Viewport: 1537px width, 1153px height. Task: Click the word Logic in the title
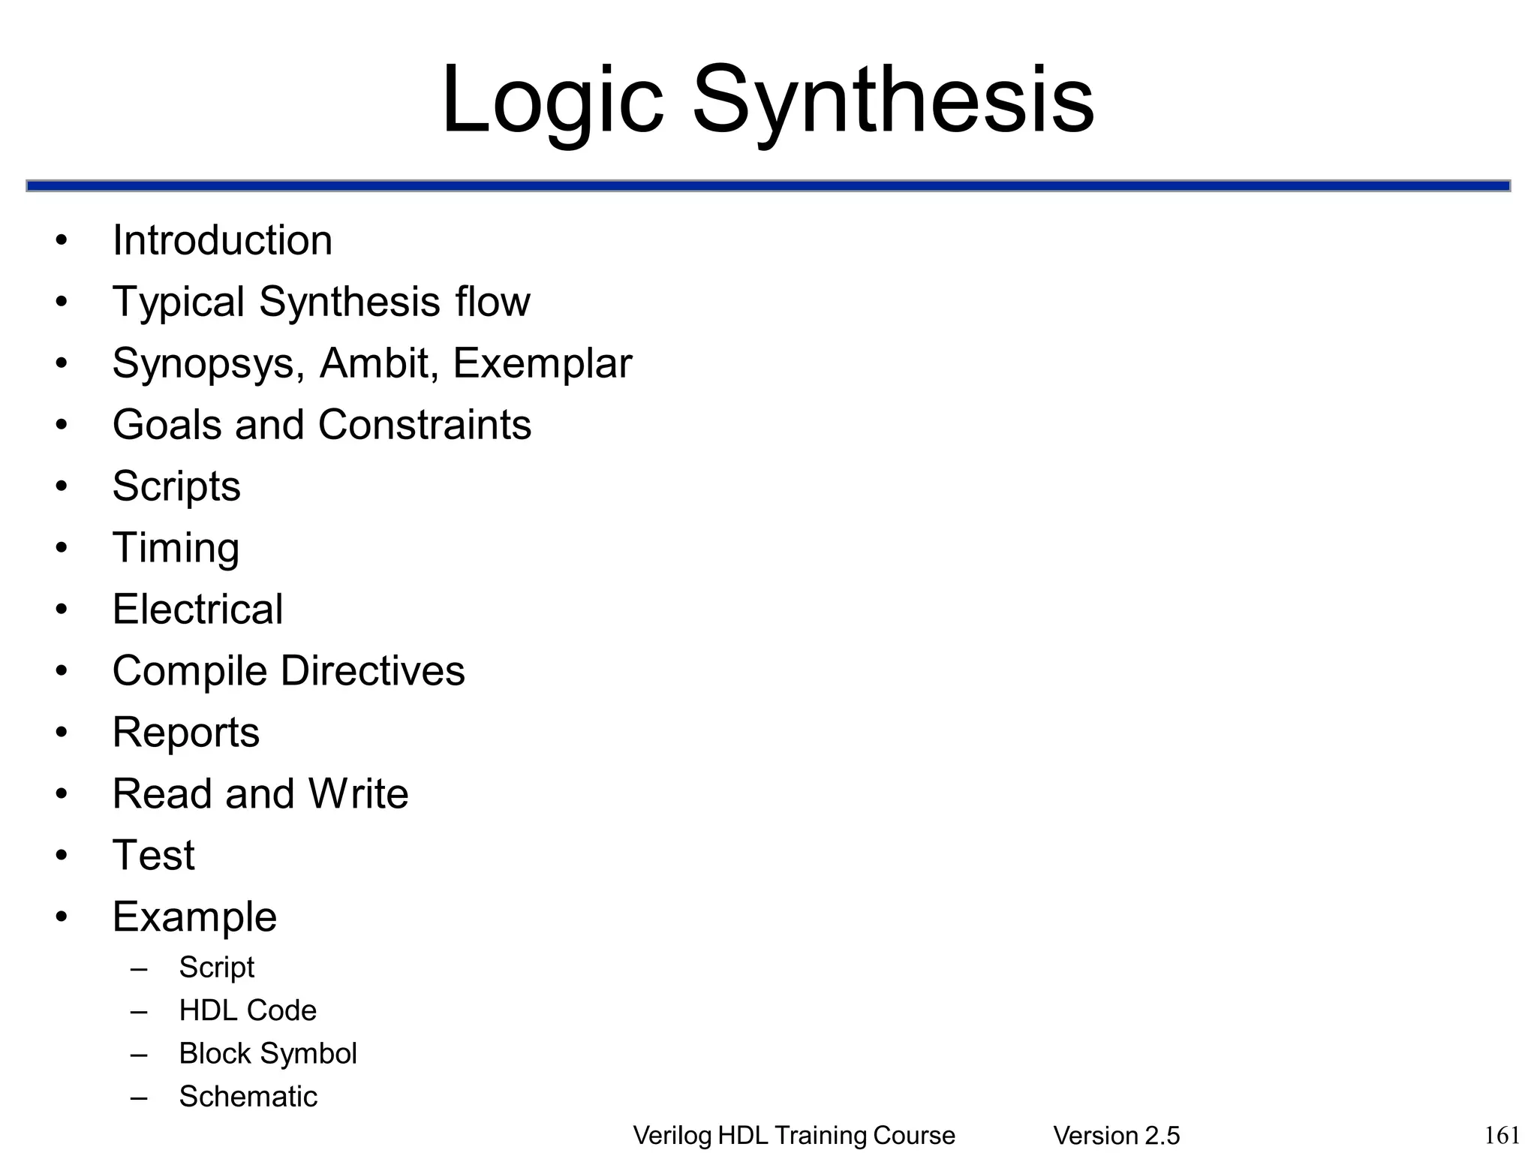pos(552,101)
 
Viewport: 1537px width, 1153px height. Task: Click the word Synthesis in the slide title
pos(893,101)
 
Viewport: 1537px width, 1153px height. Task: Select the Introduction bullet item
pos(222,241)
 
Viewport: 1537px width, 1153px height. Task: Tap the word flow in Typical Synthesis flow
pos(492,302)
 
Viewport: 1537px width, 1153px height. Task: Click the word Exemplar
pos(543,363)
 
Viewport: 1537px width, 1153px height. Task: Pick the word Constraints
pos(425,425)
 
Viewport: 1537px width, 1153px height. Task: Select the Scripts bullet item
pos(176,486)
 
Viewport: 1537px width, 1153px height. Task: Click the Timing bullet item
pos(176,548)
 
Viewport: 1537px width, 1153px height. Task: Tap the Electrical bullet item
pos(197,609)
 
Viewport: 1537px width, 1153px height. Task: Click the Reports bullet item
pos(186,732)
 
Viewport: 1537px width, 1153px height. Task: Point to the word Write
pos(359,793)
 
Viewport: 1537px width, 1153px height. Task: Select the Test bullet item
pos(153,855)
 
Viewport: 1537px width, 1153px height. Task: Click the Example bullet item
pos(194,917)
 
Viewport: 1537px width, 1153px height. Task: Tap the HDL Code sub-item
pos(248,1010)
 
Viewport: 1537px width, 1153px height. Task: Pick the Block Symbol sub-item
pos(268,1053)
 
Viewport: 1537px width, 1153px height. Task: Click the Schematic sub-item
pos(248,1097)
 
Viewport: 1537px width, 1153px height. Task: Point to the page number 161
pos(1502,1135)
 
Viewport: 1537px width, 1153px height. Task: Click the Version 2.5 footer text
pos(1117,1136)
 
